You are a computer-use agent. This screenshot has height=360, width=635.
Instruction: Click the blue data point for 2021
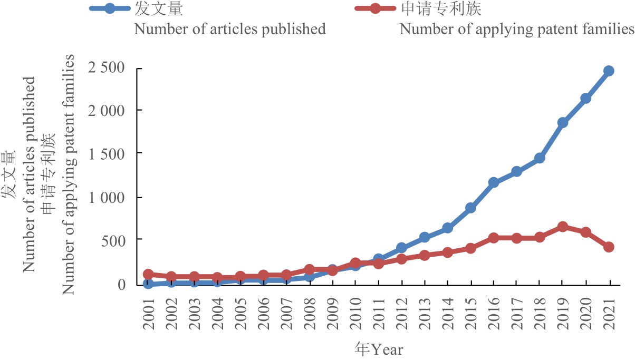coord(609,71)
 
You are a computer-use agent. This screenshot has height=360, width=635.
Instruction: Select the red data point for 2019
coord(562,227)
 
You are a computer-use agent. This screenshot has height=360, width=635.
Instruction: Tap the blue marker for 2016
coord(494,183)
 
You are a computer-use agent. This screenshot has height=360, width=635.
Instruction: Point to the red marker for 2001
coord(148,274)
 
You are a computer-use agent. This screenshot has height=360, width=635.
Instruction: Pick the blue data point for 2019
coord(562,123)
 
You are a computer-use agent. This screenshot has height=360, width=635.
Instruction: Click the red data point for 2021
coord(609,247)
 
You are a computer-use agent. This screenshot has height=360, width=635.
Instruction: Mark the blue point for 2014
coord(447,228)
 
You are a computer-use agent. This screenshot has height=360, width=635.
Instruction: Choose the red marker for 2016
coord(494,238)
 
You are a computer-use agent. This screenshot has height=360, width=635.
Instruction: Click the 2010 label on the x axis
coord(355,313)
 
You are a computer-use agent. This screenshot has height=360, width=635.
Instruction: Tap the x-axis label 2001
coord(148,313)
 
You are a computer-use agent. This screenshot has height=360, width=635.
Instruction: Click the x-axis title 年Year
coord(379,349)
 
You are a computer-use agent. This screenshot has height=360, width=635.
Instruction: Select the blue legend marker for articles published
coord(110,9)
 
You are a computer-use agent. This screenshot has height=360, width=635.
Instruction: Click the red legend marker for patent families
coord(375,9)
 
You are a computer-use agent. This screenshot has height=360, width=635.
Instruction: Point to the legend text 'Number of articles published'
coord(230,29)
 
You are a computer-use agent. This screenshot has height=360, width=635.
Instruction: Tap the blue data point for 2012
coord(401,248)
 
